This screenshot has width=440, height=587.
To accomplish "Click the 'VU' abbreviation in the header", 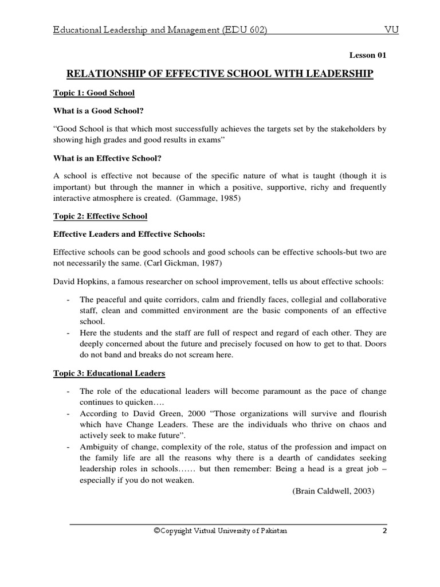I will coord(391,30).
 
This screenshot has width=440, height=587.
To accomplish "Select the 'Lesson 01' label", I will coord(368,56).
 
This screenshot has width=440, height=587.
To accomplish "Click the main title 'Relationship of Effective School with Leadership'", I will coord(220,73).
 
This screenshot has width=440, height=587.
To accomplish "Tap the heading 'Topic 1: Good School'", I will coord(93,92).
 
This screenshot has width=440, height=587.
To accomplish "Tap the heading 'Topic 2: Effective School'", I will coord(100,216).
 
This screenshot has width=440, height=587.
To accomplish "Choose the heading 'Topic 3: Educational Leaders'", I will coord(109,373).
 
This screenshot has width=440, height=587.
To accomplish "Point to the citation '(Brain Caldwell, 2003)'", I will coord(333,491).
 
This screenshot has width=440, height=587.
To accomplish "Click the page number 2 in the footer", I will coord(384,531).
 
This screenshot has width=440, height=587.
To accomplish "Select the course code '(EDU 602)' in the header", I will coord(244,30).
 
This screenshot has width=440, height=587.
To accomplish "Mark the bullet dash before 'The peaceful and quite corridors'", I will coord(68,300).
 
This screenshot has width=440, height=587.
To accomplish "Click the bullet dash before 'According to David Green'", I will coord(68,413).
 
